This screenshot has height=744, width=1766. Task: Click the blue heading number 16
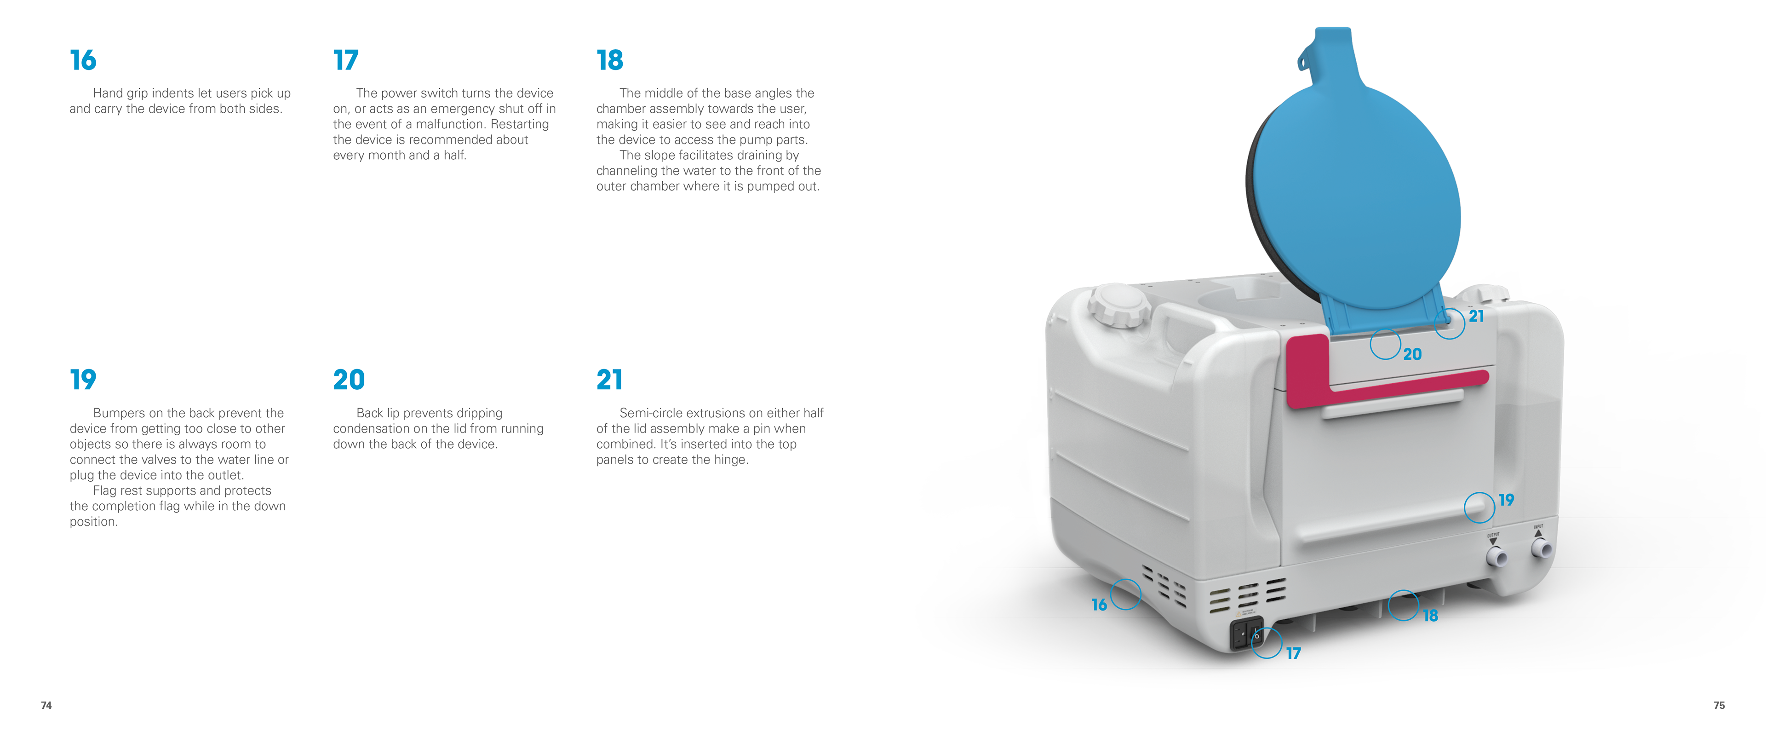83,60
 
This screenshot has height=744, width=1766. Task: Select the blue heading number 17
345,60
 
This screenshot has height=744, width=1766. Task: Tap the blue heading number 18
609,60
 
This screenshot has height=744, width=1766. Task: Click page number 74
46,705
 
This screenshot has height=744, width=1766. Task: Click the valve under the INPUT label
1542,548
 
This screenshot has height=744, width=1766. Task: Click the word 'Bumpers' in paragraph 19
119,413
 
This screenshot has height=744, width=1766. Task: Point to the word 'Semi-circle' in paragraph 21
651,413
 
